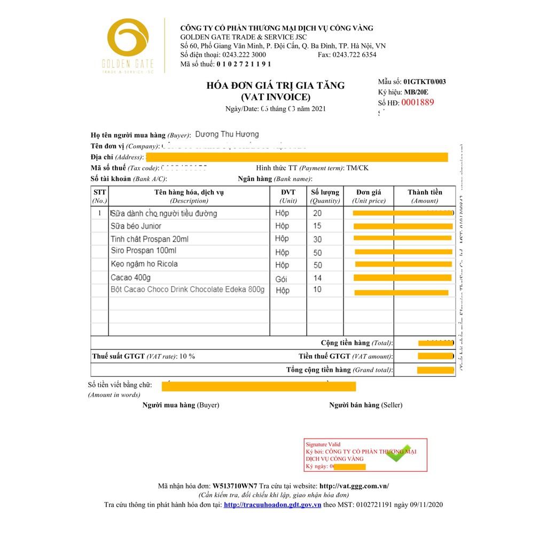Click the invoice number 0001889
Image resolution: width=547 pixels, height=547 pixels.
point(418,103)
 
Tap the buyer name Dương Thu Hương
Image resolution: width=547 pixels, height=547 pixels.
point(226,135)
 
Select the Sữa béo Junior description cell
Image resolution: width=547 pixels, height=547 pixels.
point(136,226)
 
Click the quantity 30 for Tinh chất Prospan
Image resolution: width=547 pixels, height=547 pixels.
point(317,239)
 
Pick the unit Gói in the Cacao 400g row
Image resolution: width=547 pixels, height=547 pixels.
point(282,278)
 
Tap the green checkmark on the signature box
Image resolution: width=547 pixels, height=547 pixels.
point(399,454)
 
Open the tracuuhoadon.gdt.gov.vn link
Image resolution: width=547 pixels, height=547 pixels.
point(272,505)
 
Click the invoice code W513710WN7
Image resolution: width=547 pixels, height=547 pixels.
point(235,486)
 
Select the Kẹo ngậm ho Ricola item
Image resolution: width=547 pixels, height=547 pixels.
point(144,264)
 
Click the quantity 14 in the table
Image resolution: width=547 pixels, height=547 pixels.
point(317,278)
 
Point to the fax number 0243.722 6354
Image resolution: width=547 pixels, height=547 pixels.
point(354,54)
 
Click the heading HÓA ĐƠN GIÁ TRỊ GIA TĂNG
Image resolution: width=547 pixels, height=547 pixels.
point(276,85)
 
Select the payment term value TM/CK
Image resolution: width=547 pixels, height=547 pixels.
point(357,168)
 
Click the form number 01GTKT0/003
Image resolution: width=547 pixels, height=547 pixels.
point(425,82)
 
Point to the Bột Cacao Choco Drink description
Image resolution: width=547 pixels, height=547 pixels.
point(187,290)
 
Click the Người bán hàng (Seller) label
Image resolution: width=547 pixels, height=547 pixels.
point(366,405)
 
